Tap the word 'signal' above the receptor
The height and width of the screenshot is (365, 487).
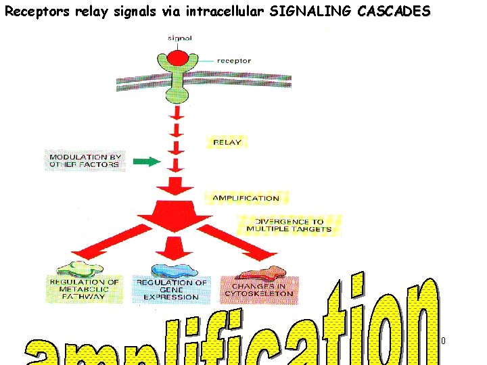(x=179, y=38)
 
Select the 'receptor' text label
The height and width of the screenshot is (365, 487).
(x=233, y=61)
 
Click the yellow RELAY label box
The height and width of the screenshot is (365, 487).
(x=226, y=143)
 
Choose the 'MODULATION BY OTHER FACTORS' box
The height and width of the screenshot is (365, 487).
(x=85, y=161)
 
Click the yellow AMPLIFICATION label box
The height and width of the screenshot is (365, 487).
(x=245, y=198)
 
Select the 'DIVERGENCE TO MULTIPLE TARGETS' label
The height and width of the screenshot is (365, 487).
(x=289, y=225)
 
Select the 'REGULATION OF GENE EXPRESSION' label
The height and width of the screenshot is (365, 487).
(x=172, y=289)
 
